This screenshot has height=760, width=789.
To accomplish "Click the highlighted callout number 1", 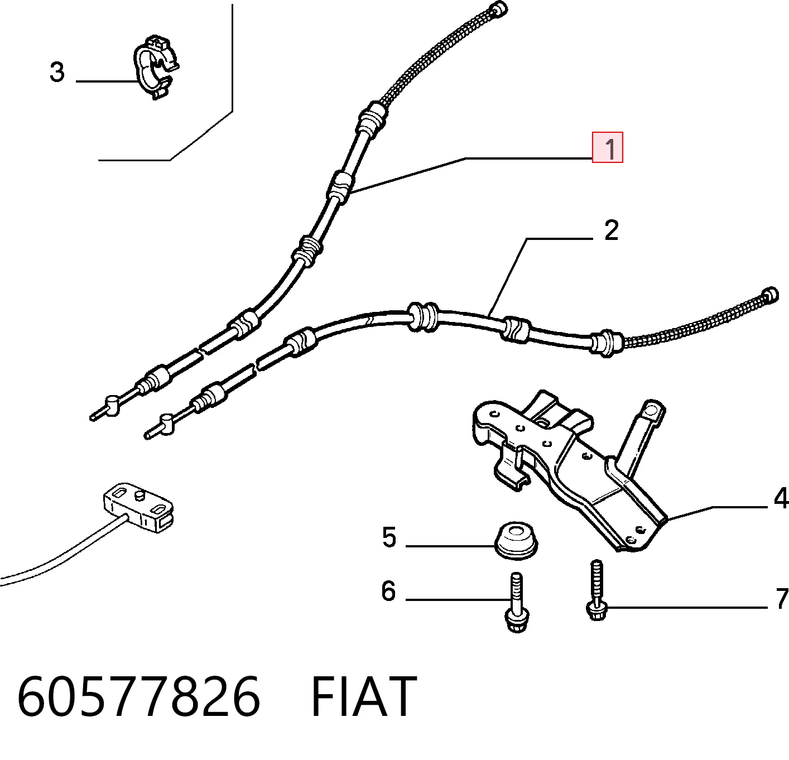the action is (x=607, y=147).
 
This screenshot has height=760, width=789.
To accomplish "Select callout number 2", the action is (x=611, y=230).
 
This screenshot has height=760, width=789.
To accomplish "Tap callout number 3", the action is (x=57, y=72).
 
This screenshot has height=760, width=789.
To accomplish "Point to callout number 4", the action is (x=781, y=498).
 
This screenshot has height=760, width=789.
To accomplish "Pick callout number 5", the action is (x=389, y=537).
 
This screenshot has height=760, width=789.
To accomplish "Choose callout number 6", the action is (x=388, y=591).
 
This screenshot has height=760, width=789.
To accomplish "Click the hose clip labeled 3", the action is (x=156, y=68).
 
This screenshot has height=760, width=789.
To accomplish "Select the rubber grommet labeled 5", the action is (x=516, y=542).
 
